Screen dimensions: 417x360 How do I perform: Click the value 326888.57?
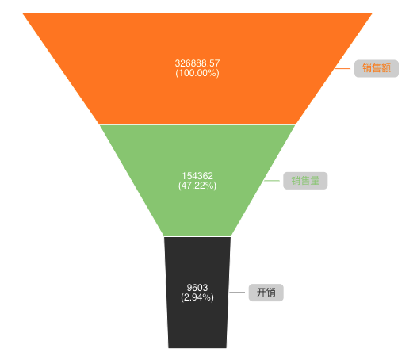click(x=197, y=63)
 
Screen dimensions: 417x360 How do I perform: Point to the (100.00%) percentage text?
click(x=197, y=73)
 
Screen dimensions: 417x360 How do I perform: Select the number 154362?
click(x=197, y=176)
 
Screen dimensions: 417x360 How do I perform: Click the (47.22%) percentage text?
click(x=197, y=186)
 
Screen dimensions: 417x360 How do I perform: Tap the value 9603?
click(x=197, y=288)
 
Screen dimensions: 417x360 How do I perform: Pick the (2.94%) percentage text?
click(x=197, y=297)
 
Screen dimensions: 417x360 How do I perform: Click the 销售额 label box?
click(x=377, y=68)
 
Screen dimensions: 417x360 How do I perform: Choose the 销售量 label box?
click(x=305, y=181)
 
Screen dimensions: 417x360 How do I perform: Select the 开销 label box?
click(x=266, y=293)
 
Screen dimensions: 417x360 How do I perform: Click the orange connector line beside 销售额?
click(x=342, y=69)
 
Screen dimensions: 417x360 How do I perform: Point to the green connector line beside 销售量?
click(x=272, y=181)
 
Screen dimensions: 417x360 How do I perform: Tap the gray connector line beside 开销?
click(x=237, y=293)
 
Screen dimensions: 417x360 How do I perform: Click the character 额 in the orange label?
click(x=386, y=68)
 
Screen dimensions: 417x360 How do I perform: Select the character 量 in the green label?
click(x=315, y=181)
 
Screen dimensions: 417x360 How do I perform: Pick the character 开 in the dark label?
click(x=262, y=293)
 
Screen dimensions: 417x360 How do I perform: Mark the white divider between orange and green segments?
click(x=197, y=124)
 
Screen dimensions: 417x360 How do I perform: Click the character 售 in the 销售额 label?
click(x=377, y=68)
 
